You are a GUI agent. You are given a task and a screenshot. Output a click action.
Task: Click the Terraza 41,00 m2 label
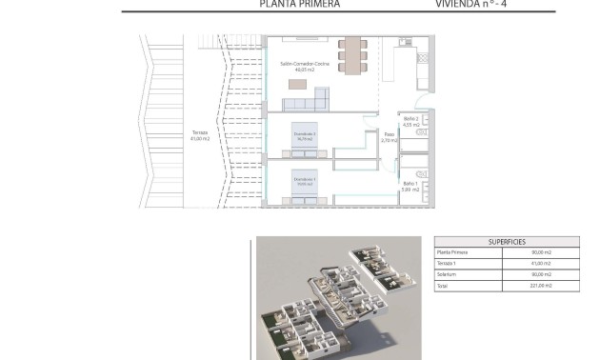coord(200,134)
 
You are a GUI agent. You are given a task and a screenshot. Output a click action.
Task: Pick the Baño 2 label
coord(411,121)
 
